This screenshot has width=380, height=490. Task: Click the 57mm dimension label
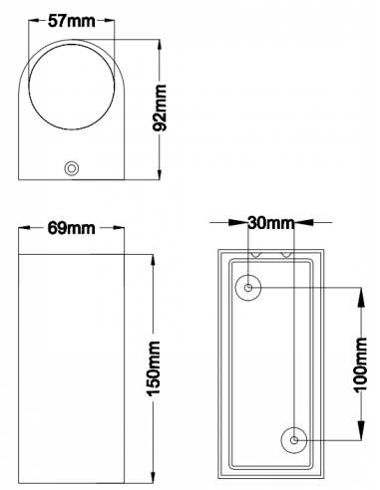(72, 21)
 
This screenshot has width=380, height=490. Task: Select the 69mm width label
(71, 228)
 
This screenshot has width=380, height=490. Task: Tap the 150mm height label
(154, 367)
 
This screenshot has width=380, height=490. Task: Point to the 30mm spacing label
(271, 223)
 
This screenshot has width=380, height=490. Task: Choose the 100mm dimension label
(361, 365)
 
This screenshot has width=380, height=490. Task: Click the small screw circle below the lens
(71, 168)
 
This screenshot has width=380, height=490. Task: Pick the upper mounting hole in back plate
(248, 288)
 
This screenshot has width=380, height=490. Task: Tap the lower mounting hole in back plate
(294, 440)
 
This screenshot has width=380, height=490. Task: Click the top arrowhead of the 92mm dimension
(161, 47)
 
